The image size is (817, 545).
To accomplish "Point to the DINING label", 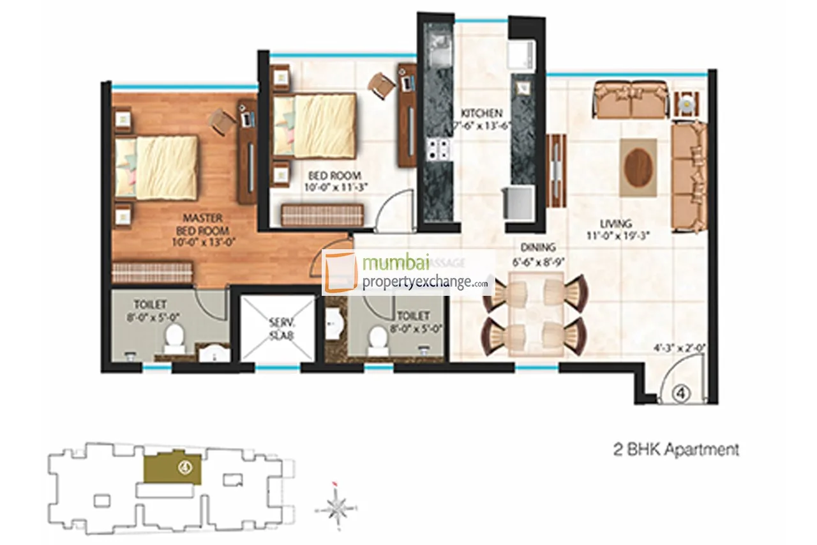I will tap(537, 247).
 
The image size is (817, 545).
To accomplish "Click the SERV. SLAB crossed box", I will tap(276, 328).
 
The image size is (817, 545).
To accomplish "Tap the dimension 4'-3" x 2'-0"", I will tap(678, 349).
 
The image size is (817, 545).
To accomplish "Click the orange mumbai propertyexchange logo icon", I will tap(340, 272).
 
